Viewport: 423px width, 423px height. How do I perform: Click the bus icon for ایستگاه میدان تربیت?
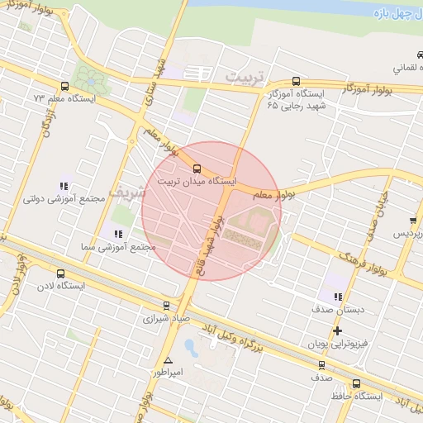click(197, 169)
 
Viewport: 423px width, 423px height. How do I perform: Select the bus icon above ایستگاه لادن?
click(59, 273)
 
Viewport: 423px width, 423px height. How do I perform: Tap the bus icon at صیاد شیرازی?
click(166, 306)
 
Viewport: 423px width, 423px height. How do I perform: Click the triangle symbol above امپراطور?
click(169, 360)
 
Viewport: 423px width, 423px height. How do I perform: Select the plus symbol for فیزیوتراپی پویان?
click(337, 330)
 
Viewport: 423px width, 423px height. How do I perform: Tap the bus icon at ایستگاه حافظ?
click(356, 384)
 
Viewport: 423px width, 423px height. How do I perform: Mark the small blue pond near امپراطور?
click(189, 346)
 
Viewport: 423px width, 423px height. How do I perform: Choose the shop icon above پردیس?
click(412, 221)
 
